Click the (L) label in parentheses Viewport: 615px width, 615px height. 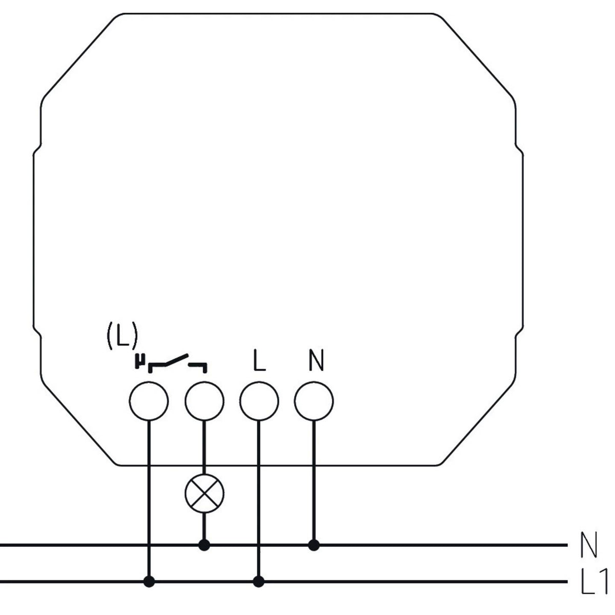(x=122, y=335)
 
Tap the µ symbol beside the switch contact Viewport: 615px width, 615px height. (x=140, y=361)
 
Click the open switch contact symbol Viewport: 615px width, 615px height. (x=177, y=363)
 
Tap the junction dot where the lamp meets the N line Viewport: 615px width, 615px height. (x=204, y=545)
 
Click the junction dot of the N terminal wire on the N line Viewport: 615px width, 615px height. (x=314, y=545)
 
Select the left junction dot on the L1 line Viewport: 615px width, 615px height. (x=149, y=582)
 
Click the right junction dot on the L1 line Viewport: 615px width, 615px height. (x=259, y=582)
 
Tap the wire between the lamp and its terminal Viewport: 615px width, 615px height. (x=204, y=447)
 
